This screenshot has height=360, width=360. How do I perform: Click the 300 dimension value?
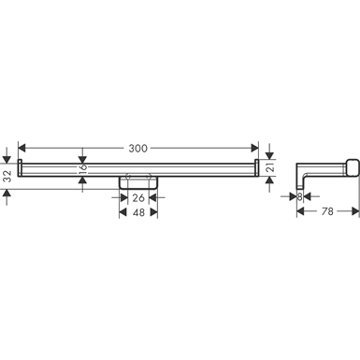138,148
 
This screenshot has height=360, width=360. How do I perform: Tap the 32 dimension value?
7,177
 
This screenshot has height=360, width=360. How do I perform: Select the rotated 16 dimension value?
83,168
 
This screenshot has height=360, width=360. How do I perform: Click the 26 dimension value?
138,198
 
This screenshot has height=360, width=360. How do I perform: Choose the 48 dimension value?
138,212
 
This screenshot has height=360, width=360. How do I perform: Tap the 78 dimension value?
327,212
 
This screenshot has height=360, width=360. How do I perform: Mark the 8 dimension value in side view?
300,197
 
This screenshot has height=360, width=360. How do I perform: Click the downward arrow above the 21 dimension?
270,155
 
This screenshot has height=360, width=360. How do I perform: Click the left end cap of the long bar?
20,167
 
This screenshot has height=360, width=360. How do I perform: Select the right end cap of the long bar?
257,167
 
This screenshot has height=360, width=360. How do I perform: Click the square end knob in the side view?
353,167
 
